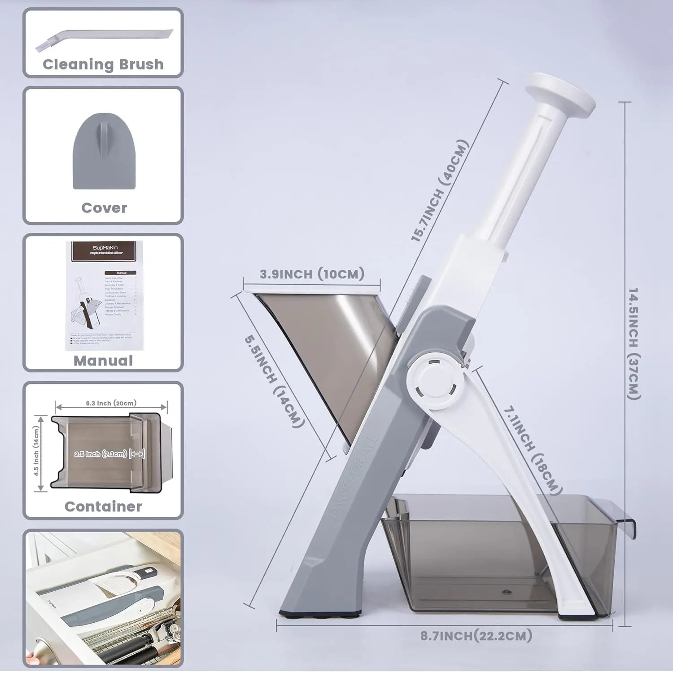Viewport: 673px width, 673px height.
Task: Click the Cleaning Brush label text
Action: point(103,64)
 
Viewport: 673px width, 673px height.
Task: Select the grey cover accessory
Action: point(104,151)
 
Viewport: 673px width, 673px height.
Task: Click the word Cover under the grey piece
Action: point(104,208)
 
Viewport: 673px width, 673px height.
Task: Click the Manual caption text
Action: point(103,361)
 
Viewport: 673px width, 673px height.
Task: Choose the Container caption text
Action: point(103,506)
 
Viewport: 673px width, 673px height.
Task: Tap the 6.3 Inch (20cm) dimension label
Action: point(111,403)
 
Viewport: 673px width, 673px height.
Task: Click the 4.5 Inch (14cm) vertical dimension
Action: point(36,451)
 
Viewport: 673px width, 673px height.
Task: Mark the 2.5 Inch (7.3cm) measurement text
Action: point(101,454)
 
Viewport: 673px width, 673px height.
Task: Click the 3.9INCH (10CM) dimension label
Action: point(312,274)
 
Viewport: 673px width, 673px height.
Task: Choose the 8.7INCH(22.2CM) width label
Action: point(476,635)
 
